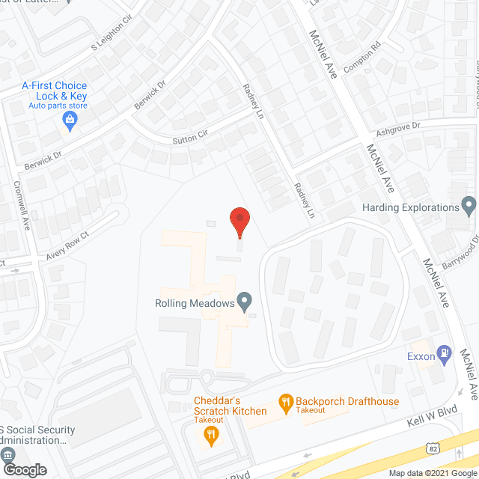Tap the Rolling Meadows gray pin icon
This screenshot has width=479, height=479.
[x=244, y=301]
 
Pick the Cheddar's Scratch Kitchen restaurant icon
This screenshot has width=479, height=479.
[x=212, y=435]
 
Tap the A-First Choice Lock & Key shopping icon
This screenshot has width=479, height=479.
[x=70, y=120]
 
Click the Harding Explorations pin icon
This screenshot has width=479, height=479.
[x=469, y=204]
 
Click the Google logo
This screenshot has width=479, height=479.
[x=24, y=470]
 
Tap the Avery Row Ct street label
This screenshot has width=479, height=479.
[x=67, y=245]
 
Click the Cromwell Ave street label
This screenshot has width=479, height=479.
[x=22, y=205]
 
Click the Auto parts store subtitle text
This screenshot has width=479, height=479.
[x=58, y=106]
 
